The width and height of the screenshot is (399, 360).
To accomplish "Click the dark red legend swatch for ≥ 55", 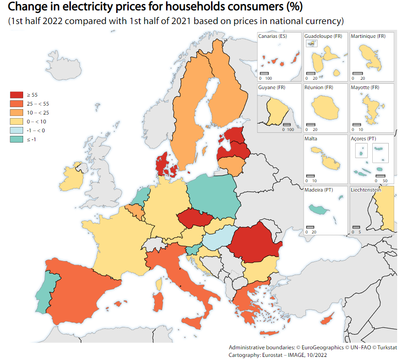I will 16,94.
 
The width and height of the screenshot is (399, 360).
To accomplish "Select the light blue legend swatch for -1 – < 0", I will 16,130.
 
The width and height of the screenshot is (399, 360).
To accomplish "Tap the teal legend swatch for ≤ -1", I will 16,139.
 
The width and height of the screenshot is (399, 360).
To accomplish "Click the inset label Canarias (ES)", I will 273,36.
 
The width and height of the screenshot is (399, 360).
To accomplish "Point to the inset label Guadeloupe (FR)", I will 323,36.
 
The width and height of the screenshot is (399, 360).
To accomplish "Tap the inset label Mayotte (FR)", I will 365,87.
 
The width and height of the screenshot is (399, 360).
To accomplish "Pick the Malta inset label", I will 311,139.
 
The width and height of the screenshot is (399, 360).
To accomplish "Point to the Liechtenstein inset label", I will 366,190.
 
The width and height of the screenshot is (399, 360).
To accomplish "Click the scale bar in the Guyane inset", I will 287,124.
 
